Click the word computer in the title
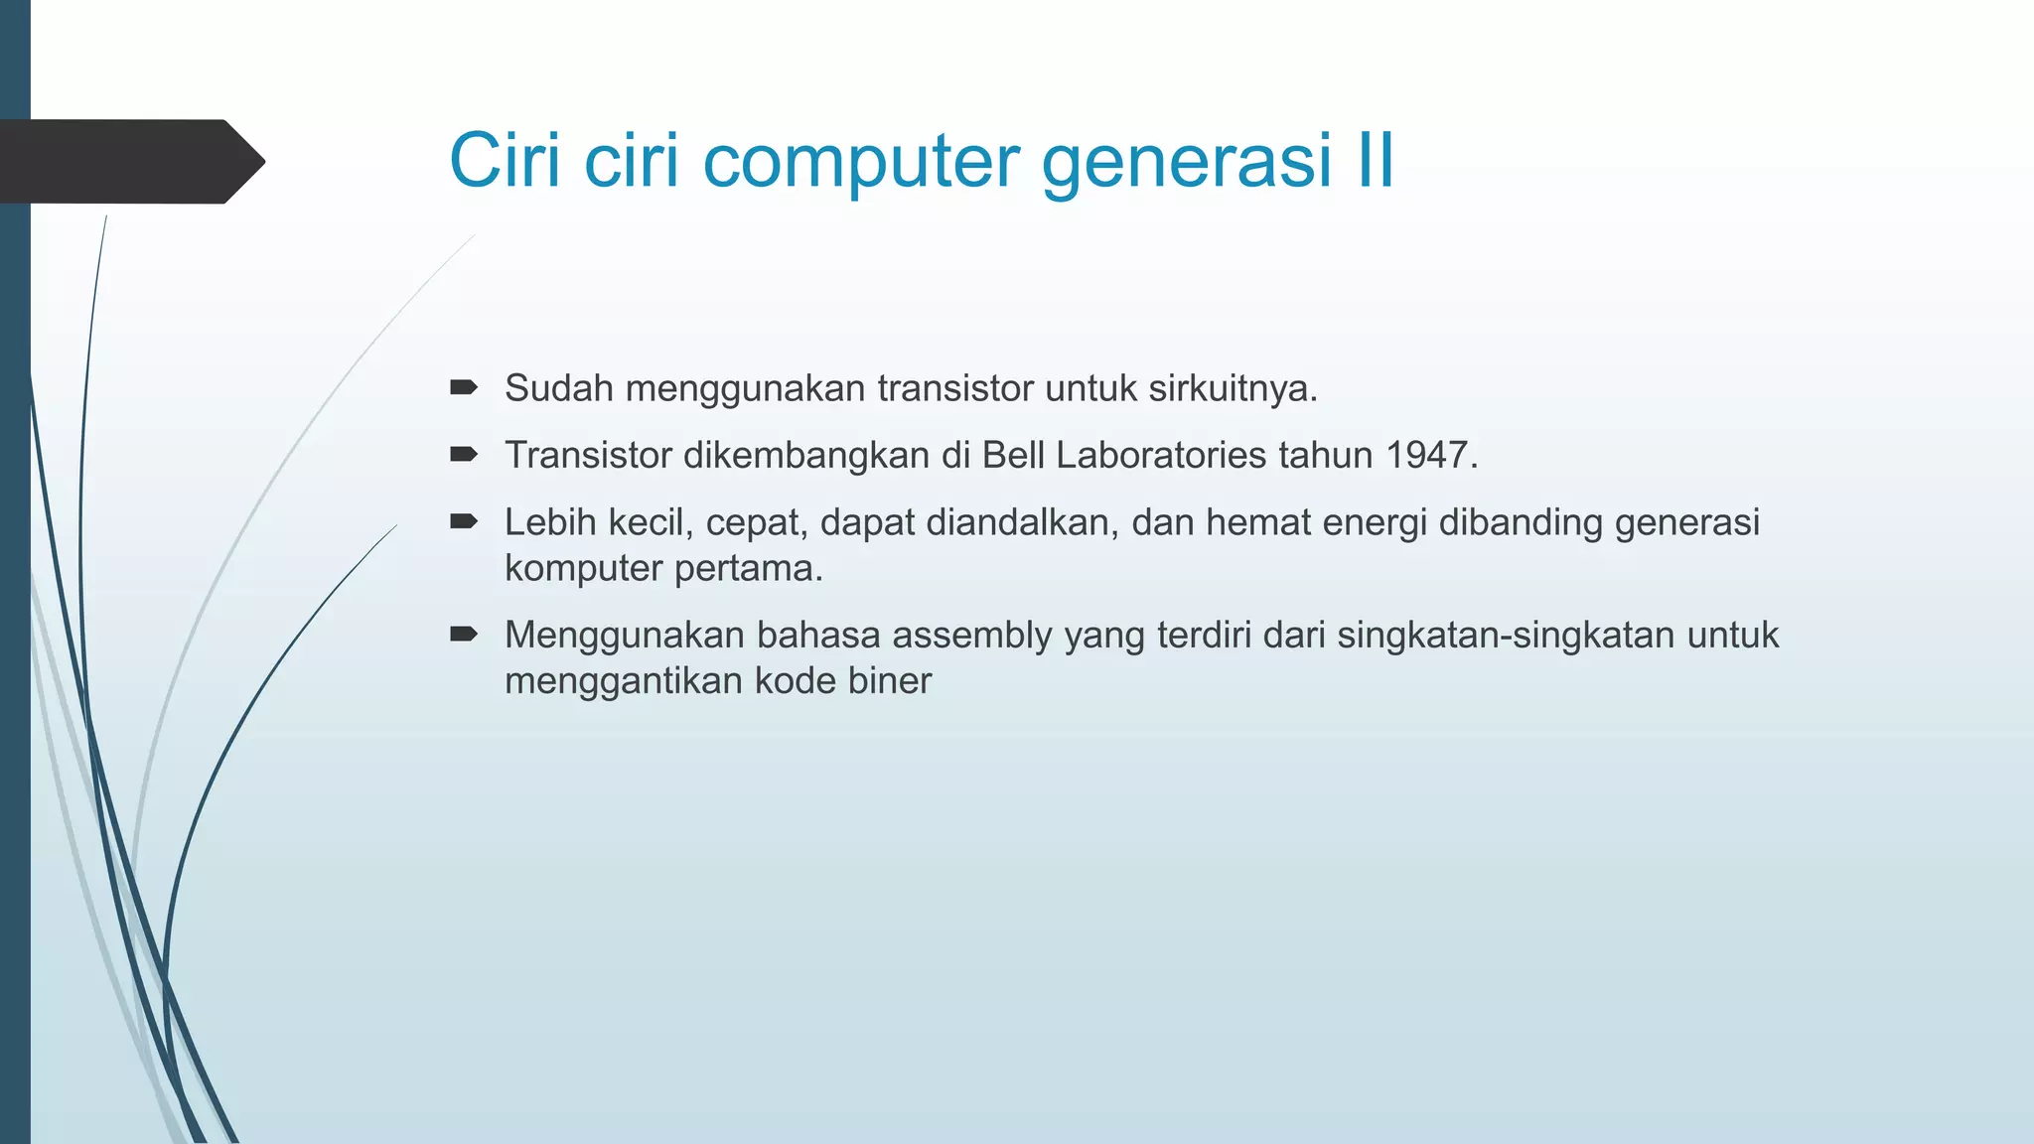tap(861, 161)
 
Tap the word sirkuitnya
tap(1233, 388)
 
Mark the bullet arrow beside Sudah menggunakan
tap(464, 387)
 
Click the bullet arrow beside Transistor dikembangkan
tap(464, 454)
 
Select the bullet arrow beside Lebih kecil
tap(464, 521)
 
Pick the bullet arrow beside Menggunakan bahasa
tap(464, 634)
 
